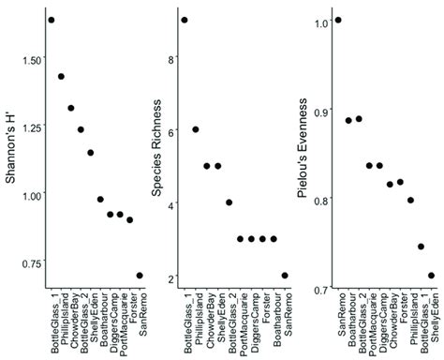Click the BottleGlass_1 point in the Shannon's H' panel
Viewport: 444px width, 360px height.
52,20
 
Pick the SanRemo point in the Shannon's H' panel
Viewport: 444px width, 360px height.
140,276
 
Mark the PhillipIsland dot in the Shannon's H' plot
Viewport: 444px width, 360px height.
61,77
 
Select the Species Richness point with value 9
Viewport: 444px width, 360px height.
185,20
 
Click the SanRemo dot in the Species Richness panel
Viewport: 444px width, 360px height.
284,276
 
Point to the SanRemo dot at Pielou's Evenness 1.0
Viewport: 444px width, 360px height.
338,20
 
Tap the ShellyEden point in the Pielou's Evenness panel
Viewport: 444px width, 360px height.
432,276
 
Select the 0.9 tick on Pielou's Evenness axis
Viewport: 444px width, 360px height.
321,111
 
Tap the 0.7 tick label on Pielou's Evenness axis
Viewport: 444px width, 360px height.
321,289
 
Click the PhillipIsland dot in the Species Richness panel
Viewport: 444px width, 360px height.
196,129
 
